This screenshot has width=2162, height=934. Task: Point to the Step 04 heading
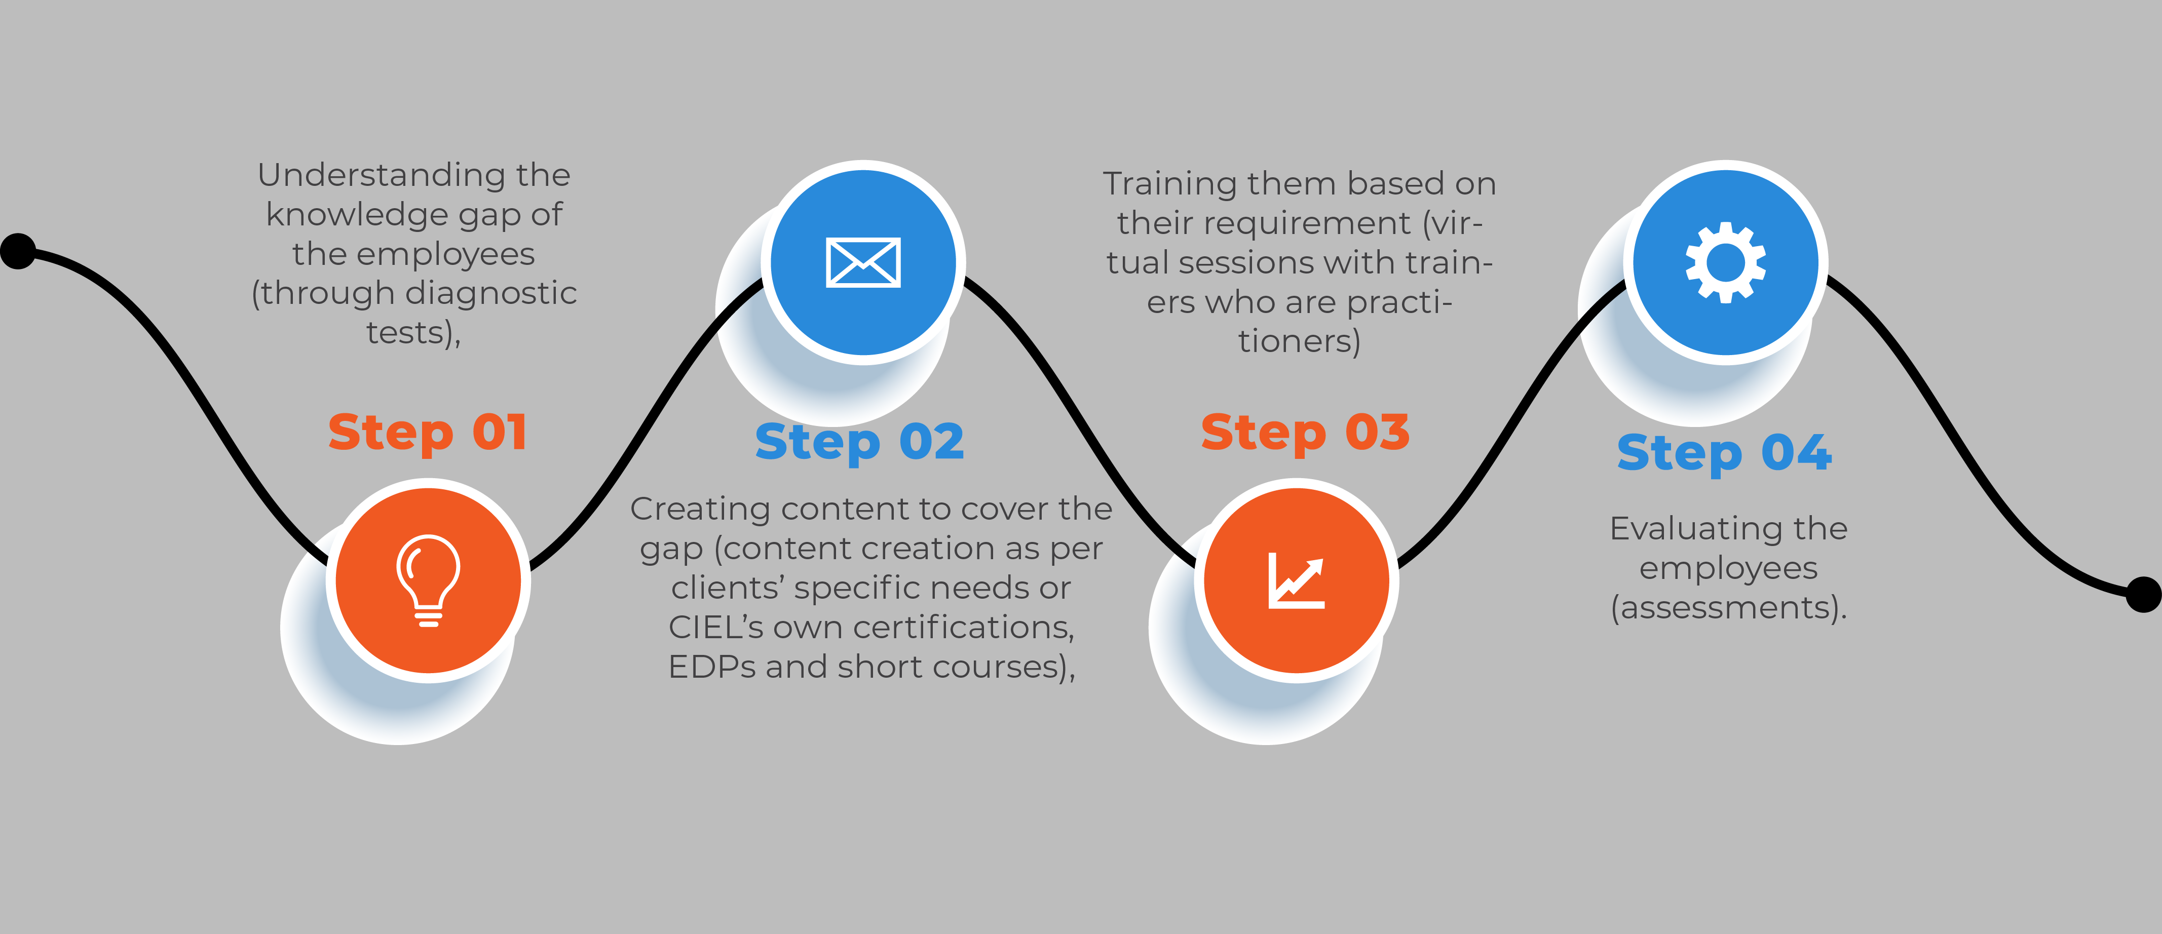click(x=1725, y=454)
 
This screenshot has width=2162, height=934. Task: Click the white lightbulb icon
click(x=429, y=580)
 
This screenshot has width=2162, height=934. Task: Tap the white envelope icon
click(x=863, y=263)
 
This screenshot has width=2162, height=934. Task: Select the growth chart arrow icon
click(x=1297, y=580)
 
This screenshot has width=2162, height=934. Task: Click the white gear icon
click(x=1726, y=263)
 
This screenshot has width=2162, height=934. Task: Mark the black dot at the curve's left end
click(x=18, y=251)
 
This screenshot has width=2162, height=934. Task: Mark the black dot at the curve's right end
click(x=2144, y=595)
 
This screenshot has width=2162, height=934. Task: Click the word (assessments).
click(x=1729, y=608)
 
